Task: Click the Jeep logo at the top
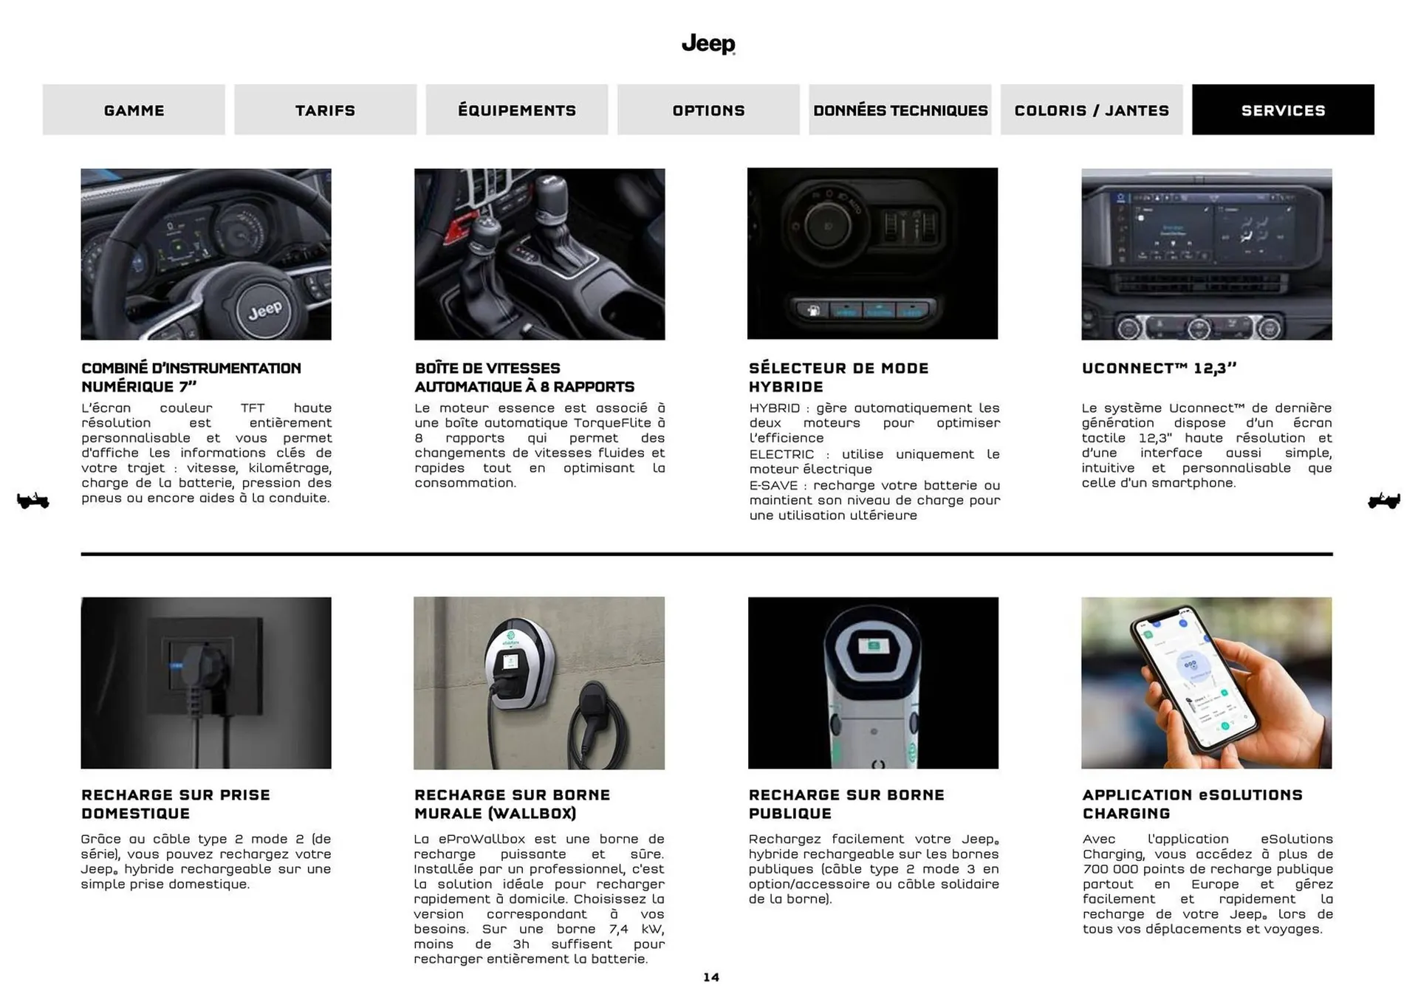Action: (x=708, y=44)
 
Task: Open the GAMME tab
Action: (x=134, y=110)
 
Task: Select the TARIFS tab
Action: (x=325, y=110)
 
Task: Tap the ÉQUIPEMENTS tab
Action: (x=516, y=110)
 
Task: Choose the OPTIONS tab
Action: (x=708, y=110)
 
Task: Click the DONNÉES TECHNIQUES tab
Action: (x=900, y=110)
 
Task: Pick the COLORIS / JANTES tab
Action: (x=1091, y=110)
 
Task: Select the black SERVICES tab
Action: (x=1283, y=110)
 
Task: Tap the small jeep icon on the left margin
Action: (x=32, y=501)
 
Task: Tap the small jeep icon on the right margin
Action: (x=1383, y=501)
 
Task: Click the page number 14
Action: (x=710, y=978)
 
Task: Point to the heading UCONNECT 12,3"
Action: (x=1159, y=368)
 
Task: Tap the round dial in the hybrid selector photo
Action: (x=826, y=225)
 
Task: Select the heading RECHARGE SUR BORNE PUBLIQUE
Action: (x=846, y=804)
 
